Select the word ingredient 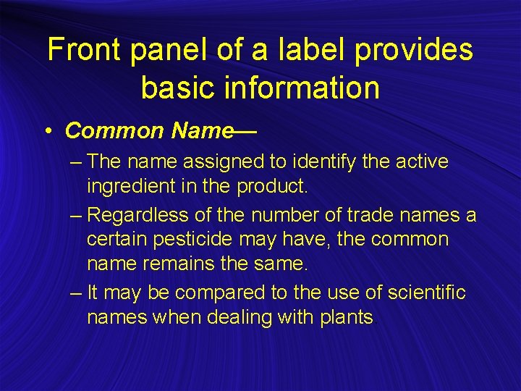pos(135,187)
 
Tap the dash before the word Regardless pos(77,215)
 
